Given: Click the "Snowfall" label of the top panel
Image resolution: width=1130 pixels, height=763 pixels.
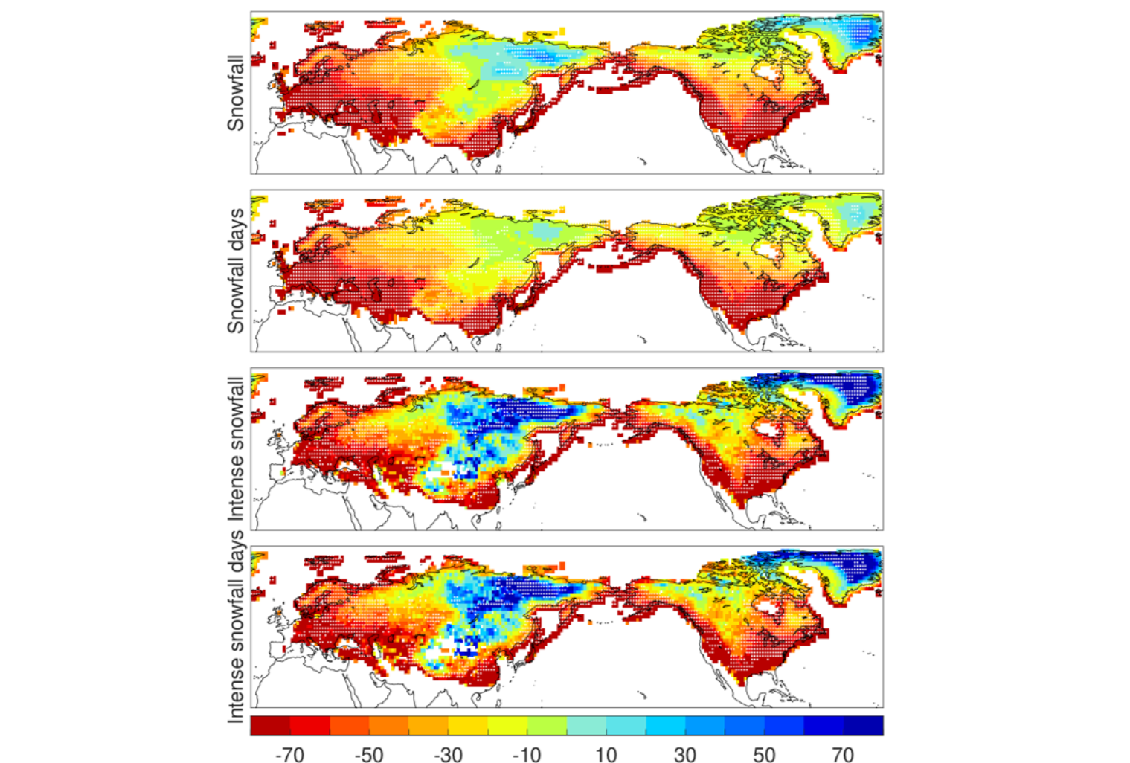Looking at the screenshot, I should pyautogui.click(x=235, y=93).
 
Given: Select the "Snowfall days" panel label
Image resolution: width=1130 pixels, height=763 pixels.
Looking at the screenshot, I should pyautogui.click(x=235, y=271).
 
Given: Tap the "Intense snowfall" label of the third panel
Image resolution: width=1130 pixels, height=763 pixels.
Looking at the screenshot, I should pyautogui.click(x=235, y=448).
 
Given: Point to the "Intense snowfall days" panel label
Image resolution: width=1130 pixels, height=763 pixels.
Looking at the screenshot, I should pyautogui.click(x=235, y=626).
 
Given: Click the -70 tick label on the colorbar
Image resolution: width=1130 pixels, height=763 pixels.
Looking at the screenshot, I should pyautogui.click(x=289, y=754).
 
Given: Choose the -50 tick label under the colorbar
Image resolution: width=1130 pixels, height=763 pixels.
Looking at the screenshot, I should pyautogui.click(x=368, y=754).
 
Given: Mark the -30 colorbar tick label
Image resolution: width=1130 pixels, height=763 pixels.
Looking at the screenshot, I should pyautogui.click(x=448, y=754).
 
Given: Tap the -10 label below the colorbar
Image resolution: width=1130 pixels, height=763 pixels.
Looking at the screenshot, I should pyautogui.click(x=527, y=754).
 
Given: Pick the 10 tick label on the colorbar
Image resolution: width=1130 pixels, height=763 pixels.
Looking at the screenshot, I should pyautogui.click(x=606, y=754).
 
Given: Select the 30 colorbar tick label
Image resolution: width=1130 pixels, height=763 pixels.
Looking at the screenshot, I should pyautogui.click(x=684, y=754).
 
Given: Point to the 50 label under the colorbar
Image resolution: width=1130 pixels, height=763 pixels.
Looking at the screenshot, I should pyautogui.click(x=764, y=754).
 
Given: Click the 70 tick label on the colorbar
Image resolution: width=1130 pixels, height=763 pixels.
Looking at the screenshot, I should pyautogui.click(x=843, y=754).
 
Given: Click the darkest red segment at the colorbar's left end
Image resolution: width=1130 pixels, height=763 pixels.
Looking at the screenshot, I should pyautogui.click(x=270, y=725).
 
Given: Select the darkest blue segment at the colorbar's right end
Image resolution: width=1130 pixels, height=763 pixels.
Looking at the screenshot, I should pyautogui.click(x=864, y=725).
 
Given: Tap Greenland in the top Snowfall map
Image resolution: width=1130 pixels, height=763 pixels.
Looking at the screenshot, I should pyautogui.click(x=852, y=37).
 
